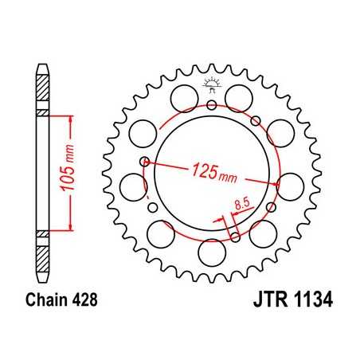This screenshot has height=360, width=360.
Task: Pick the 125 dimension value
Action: pos(205,170)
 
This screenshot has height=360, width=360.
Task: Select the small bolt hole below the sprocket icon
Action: pos(211,104)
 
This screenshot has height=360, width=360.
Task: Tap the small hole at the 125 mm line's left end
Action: pos(144,162)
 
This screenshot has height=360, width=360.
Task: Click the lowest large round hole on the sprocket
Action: pos(211,253)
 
